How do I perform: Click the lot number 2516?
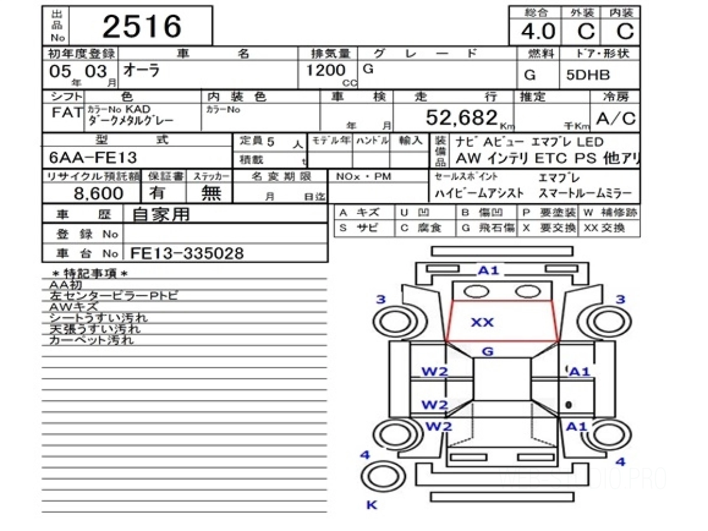[142, 27]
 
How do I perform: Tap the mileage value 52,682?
[461, 118]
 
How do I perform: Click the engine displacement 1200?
[325, 71]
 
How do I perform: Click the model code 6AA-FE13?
[94, 158]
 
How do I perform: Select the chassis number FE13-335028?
[187, 253]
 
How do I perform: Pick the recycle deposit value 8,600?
[99, 193]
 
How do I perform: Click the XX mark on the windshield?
[482, 323]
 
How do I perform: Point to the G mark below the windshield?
[487, 352]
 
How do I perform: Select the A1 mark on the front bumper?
[488, 271]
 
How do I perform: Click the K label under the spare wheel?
[371, 504]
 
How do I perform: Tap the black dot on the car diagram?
[568, 405]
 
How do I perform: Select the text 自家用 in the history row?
[161, 215]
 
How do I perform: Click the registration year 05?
[60, 72]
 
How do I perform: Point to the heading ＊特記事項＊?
[90, 273]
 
